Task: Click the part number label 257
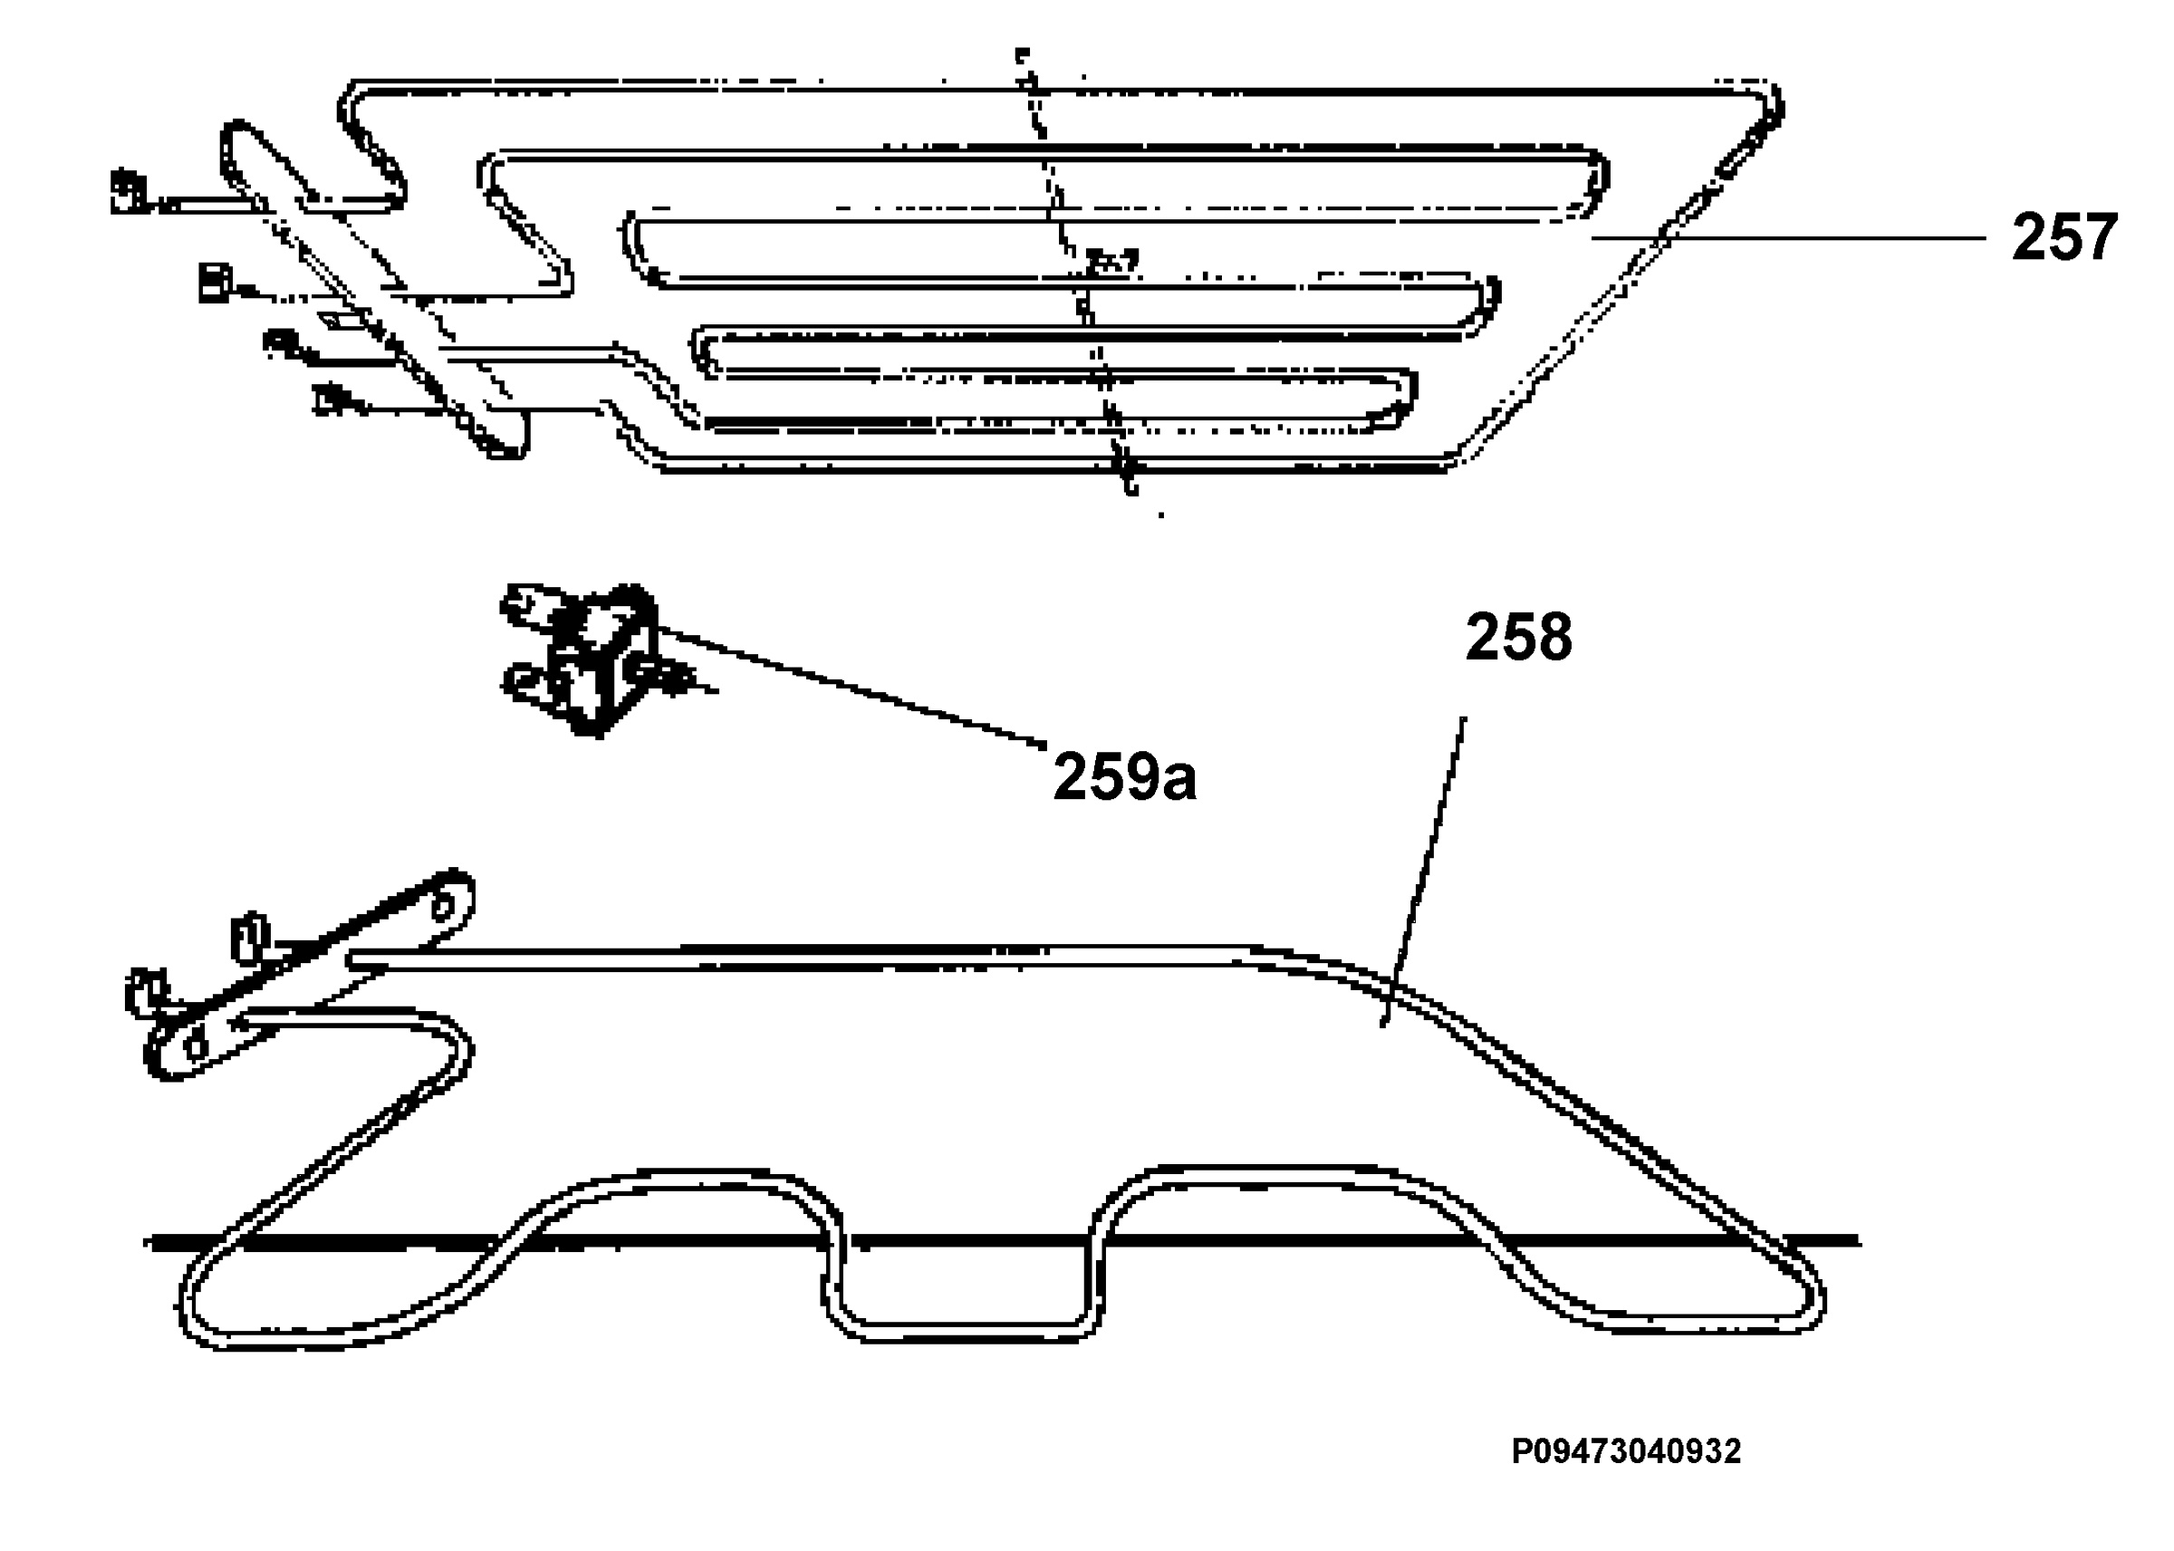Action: [x=2063, y=236]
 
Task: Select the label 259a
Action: [x=1125, y=776]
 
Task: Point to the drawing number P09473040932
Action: [x=1626, y=1450]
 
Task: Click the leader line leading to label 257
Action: [x=1787, y=236]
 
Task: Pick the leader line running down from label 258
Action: [x=1422, y=871]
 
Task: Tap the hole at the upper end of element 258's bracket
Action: [x=442, y=903]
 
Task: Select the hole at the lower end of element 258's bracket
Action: [x=196, y=1045]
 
